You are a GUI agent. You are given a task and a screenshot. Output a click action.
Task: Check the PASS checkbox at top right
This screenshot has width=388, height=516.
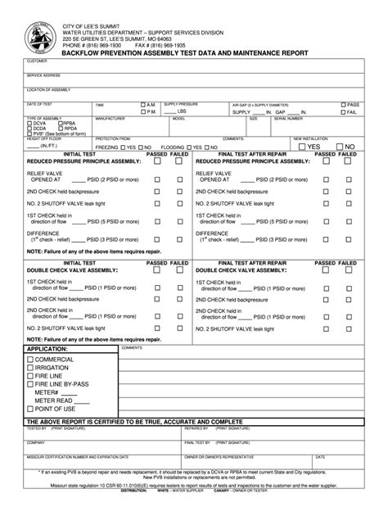click(x=343, y=105)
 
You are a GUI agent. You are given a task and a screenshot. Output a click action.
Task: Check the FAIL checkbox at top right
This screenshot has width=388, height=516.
click(x=343, y=112)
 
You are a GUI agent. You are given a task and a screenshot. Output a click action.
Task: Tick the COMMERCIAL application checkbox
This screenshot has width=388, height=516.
click(x=30, y=360)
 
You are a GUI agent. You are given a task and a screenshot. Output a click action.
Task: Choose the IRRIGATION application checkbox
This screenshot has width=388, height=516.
click(x=30, y=368)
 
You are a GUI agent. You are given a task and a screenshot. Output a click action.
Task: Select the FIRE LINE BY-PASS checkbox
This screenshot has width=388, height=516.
click(x=30, y=384)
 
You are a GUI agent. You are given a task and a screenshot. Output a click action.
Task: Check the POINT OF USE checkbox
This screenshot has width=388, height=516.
click(x=30, y=409)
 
